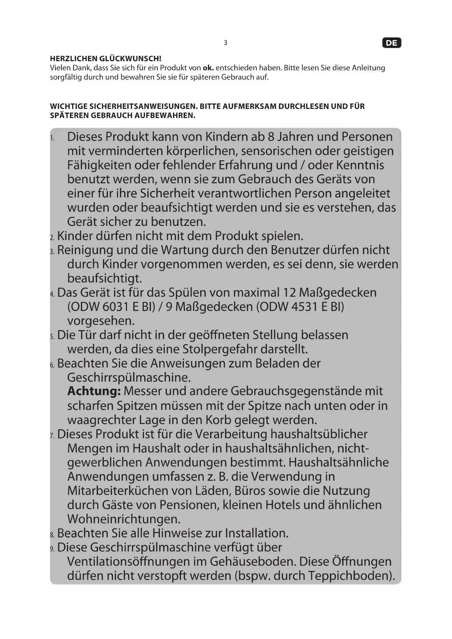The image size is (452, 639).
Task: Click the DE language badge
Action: point(392,43)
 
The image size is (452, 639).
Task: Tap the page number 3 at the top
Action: point(225,43)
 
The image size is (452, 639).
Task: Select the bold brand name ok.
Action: point(208,68)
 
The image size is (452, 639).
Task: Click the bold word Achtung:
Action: point(94,391)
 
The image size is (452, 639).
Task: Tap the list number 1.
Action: point(52,138)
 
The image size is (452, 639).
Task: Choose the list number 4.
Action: point(52,294)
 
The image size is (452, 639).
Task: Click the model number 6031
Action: point(115,307)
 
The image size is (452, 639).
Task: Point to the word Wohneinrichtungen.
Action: point(124,519)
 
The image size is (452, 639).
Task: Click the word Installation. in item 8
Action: point(256,533)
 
